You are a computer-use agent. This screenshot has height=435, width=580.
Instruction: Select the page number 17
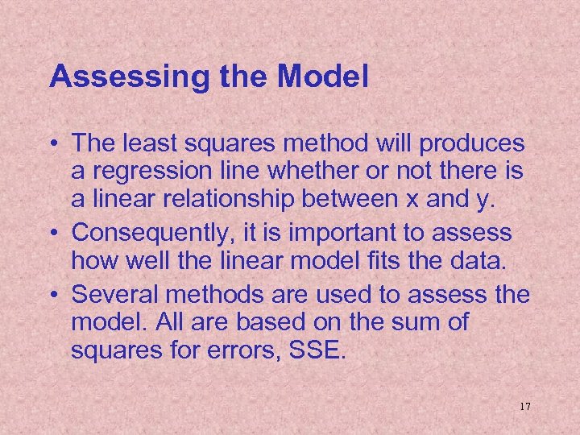[524, 406]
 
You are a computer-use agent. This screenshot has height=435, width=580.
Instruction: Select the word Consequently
[143, 234]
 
